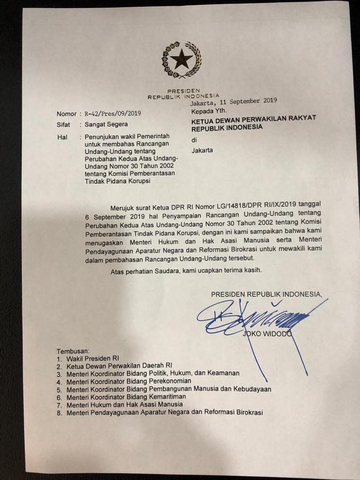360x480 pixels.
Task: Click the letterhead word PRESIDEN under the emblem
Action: click(x=183, y=90)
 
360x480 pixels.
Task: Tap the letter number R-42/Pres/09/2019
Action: click(x=113, y=114)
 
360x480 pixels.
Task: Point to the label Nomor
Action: click(x=66, y=114)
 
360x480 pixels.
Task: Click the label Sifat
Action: click(x=63, y=125)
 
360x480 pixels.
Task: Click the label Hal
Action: click(x=61, y=137)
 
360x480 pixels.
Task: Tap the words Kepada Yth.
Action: click(x=209, y=112)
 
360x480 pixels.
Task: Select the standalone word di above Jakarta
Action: click(x=195, y=140)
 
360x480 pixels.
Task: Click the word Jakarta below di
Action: click(x=202, y=150)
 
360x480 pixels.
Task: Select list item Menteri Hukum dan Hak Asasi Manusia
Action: click(x=125, y=404)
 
